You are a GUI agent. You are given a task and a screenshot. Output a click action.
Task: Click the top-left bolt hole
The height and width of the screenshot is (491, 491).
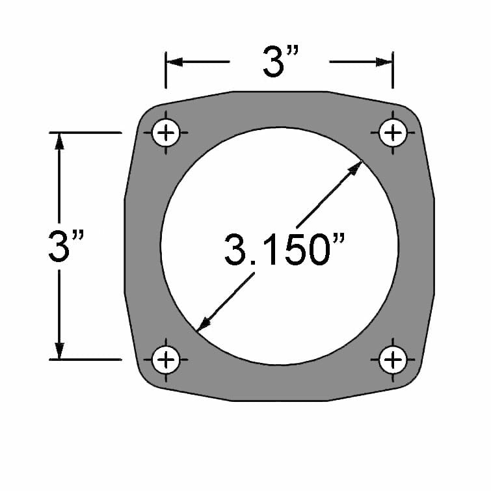pos(166,133)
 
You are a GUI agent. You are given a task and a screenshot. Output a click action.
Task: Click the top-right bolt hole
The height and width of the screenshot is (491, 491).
pos(392,133)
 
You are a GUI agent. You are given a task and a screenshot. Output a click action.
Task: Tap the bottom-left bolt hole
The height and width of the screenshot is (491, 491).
pos(166,358)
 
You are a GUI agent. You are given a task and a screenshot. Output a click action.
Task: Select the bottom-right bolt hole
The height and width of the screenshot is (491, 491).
pos(392,358)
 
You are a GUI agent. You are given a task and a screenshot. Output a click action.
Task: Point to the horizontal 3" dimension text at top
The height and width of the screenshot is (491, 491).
pos(280,62)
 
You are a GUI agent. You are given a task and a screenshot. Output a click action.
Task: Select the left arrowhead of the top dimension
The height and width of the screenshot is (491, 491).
pos(174,62)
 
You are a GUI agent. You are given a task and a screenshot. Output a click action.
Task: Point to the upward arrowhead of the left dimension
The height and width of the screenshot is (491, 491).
pos(60,141)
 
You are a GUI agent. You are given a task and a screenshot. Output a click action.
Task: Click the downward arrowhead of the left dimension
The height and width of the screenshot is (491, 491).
pos(60,351)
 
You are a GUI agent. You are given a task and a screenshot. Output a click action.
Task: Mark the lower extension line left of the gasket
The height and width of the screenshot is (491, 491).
pos(91,359)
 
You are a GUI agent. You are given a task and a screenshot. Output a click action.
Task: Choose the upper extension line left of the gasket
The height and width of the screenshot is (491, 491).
pos(91,133)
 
